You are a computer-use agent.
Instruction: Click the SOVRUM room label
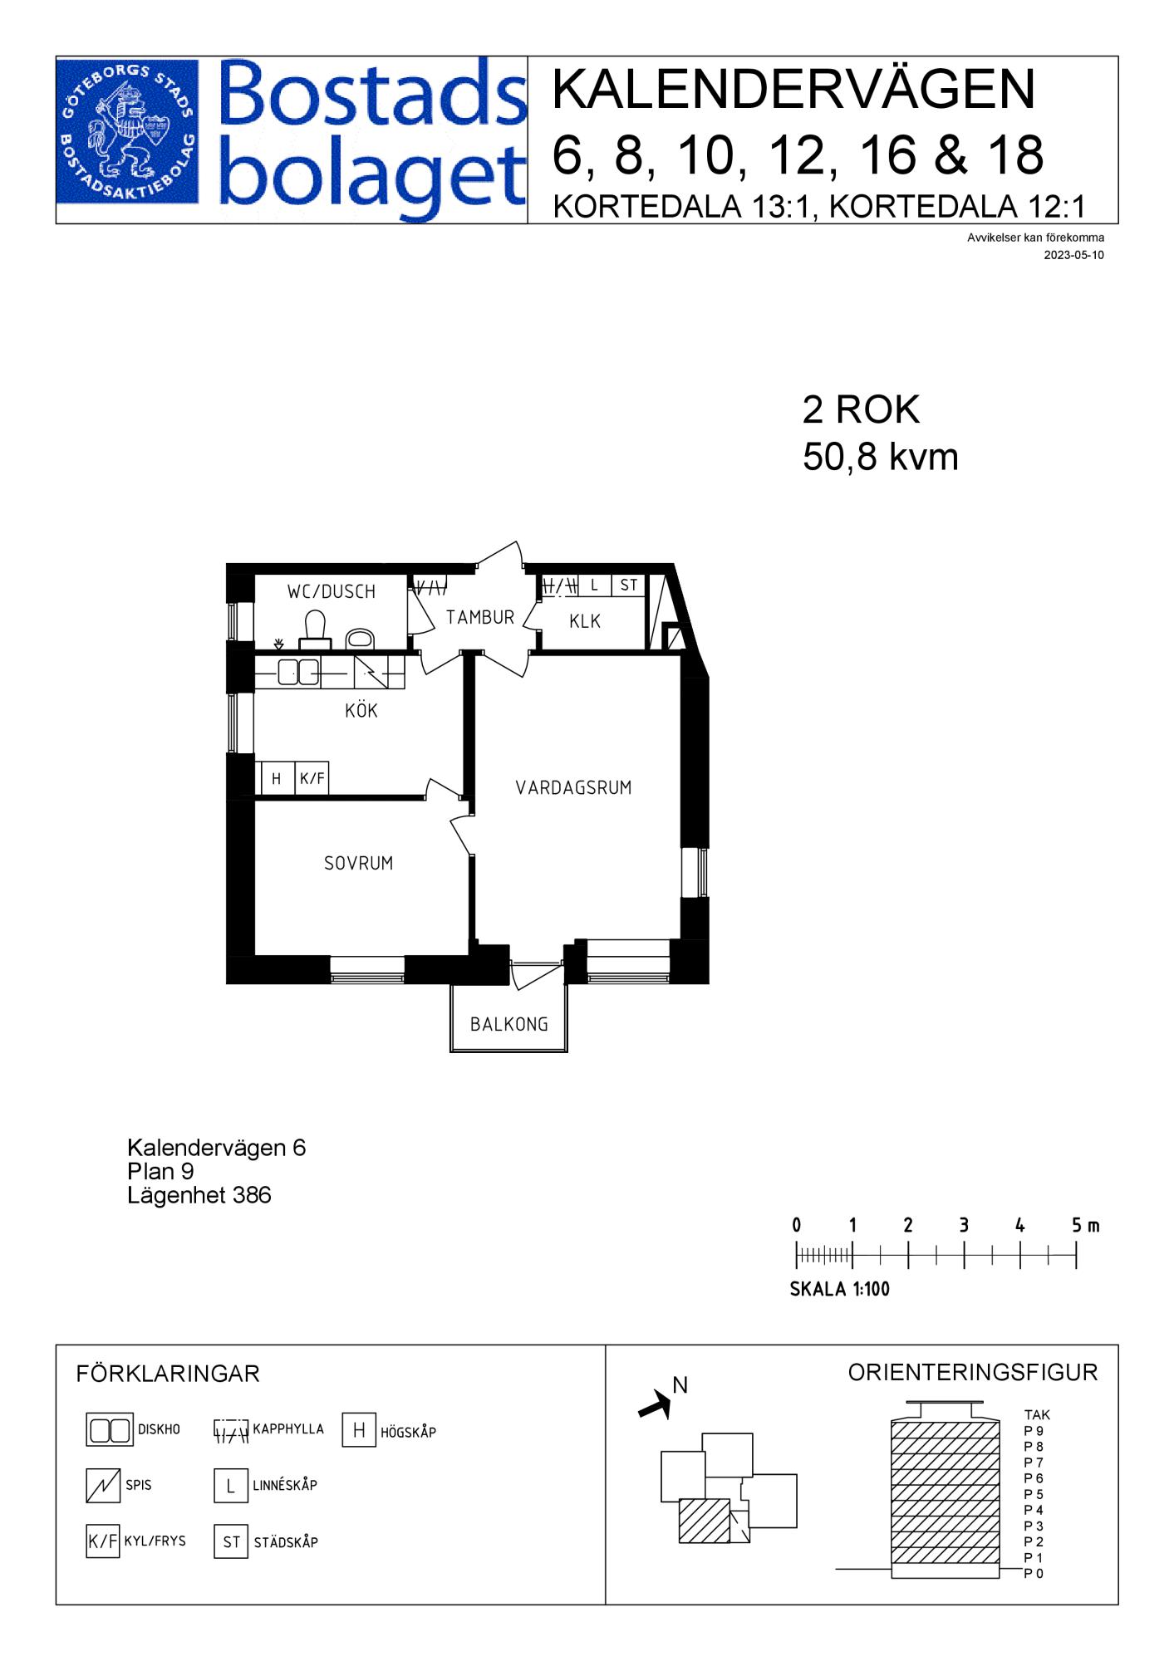click(358, 863)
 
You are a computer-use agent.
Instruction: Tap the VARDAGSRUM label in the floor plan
click(573, 787)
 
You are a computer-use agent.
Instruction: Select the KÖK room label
click(361, 710)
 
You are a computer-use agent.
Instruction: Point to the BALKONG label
click(509, 1024)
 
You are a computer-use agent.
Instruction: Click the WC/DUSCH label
click(332, 591)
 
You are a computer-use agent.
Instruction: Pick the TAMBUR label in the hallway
click(480, 617)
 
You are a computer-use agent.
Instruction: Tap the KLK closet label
click(585, 621)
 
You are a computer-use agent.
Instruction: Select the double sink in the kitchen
click(297, 672)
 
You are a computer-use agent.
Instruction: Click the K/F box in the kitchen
click(312, 779)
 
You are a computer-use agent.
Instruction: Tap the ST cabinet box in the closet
click(629, 585)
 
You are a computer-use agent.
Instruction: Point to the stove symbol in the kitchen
click(371, 672)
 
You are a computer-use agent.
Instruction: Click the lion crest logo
click(128, 131)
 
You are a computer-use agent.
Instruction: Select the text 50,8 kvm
click(880, 457)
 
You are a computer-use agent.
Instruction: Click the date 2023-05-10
click(1074, 255)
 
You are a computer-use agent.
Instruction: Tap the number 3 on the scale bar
click(964, 1225)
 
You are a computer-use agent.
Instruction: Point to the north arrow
click(655, 1404)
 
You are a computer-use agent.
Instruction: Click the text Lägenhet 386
click(199, 1195)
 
